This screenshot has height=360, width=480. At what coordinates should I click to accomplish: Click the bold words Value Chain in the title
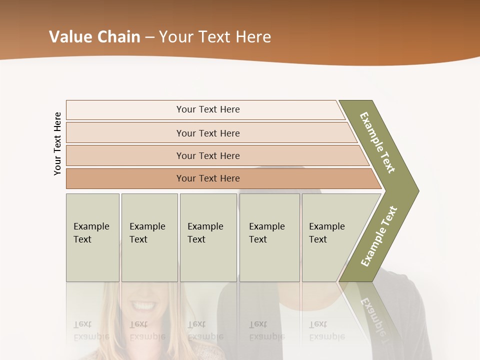pos(94,37)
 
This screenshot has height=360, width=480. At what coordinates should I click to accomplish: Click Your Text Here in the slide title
pos(215,37)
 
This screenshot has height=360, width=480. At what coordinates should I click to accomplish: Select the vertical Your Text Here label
pos(57,144)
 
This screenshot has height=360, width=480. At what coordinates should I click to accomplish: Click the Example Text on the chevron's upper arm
pos(377,142)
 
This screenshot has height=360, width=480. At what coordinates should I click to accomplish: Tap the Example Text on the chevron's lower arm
pos(379,236)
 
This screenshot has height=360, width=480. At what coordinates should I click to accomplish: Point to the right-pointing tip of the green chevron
pos(416,190)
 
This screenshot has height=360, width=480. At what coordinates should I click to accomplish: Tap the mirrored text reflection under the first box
pos(91,330)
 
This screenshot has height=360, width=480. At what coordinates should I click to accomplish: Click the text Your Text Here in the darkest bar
pos(208,178)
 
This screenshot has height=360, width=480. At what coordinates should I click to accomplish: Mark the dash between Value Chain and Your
pos(149,37)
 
